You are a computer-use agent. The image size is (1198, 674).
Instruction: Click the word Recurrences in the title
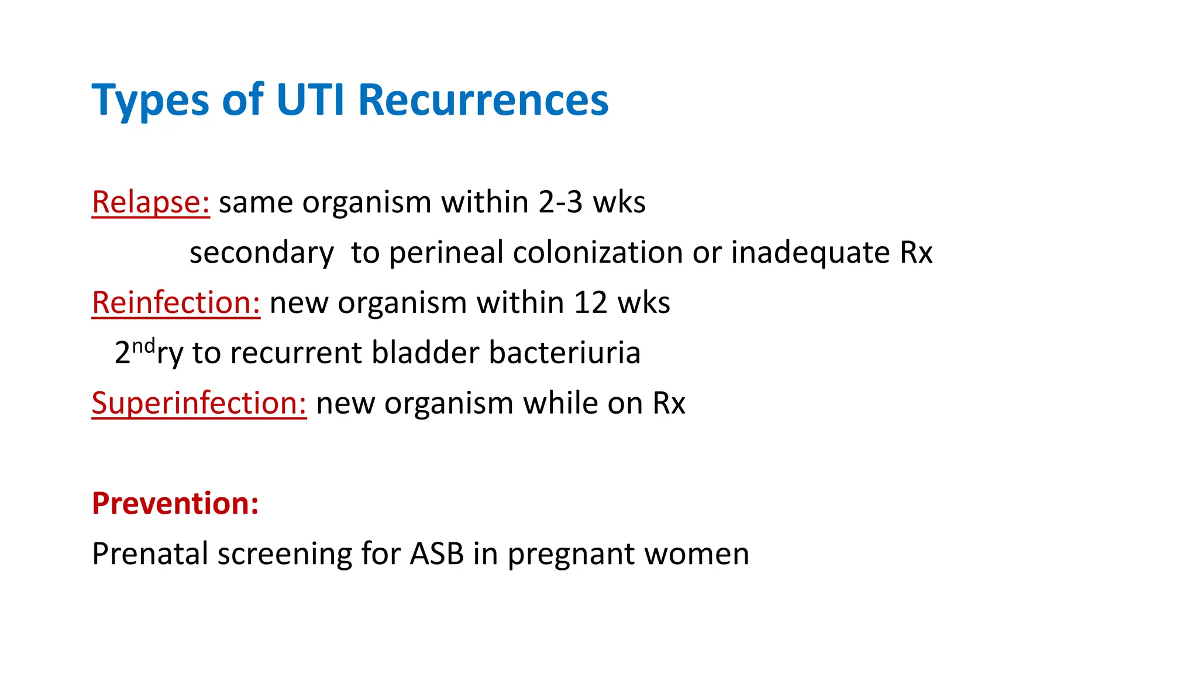(483, 101)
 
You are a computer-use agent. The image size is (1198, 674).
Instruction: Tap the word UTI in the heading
(310, 101)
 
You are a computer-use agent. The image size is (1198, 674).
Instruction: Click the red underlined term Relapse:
(150, 202)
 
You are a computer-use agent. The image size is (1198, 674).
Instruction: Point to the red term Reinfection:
(175, 303)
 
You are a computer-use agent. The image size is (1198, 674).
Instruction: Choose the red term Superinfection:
(199, 404)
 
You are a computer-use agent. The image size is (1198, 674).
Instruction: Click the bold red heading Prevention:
(175, 503)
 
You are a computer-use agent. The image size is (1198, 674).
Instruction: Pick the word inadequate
(810, 253)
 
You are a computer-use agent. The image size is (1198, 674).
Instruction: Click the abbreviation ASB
(436, 553)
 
